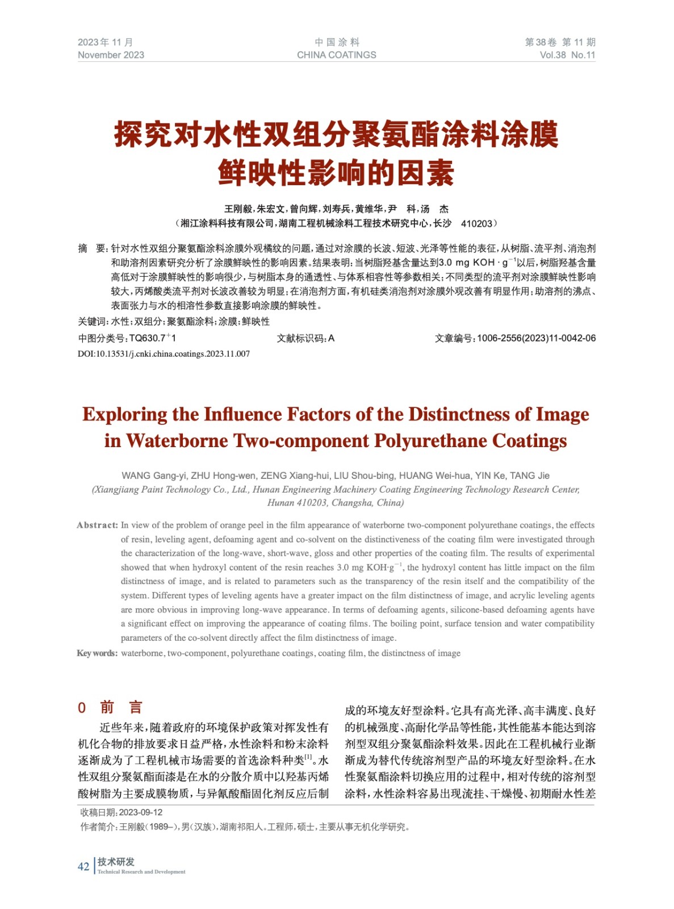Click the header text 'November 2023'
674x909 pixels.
tap(111, 55)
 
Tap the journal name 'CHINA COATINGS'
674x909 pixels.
tap(336, 55)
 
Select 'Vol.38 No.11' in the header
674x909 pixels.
tap(567, 55)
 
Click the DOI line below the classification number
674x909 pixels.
tap(164, 354)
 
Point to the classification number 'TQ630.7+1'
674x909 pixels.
tap(153, 338)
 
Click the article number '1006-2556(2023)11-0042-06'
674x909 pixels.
tap(536, 338)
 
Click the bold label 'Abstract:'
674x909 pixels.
tap(97, 525)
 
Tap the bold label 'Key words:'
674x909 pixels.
tap(97, 653)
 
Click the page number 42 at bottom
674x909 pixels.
tap(83, 866)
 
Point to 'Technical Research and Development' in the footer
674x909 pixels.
tap(141, 872)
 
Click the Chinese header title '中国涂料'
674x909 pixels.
tap(337, 42)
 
